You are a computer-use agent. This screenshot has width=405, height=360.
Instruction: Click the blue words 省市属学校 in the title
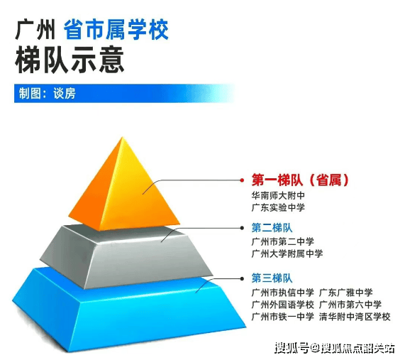[116, 30]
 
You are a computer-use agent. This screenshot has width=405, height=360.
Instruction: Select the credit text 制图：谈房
[48, 93]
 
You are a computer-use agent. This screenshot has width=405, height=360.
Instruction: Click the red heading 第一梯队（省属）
[300, 180]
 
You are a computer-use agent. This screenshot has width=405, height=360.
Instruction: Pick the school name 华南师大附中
[278, 195]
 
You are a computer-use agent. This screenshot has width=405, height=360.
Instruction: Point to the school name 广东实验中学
[278, 207]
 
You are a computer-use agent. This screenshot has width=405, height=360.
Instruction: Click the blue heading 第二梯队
[272, 228]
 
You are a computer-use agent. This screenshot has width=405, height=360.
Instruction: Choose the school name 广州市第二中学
[283, 242]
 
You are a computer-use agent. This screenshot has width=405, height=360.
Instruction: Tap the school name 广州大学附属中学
[287, 253]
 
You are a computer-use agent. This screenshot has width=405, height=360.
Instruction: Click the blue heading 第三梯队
[272, 278]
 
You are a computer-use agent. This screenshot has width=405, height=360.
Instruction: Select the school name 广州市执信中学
[283, 293]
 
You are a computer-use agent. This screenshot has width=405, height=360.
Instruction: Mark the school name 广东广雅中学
[346, 293]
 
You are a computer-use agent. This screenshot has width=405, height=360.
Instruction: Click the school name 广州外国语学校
[283, 305]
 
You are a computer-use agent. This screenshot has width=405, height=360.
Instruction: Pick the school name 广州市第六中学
[350, 305]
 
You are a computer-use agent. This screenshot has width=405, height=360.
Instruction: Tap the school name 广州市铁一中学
[283, 317]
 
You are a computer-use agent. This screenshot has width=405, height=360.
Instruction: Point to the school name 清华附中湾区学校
[355, 317]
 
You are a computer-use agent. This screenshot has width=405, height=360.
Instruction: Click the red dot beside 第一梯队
[242, 180]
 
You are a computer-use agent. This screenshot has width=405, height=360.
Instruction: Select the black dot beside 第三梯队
[242, 278]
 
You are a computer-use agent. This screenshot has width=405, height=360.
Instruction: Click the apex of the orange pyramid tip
[123, 137]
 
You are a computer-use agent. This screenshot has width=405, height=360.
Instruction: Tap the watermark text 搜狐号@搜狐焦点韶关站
[335, 348]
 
